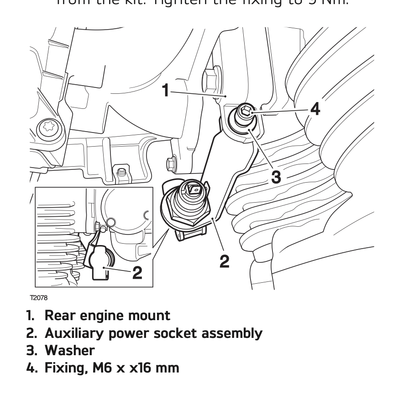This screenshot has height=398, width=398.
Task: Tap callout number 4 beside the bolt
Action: pos(314,109)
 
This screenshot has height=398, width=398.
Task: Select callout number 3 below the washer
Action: pos(276,176)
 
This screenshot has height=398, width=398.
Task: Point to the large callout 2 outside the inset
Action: pos(224,261)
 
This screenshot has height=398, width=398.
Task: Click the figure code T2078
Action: pos(38,298)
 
